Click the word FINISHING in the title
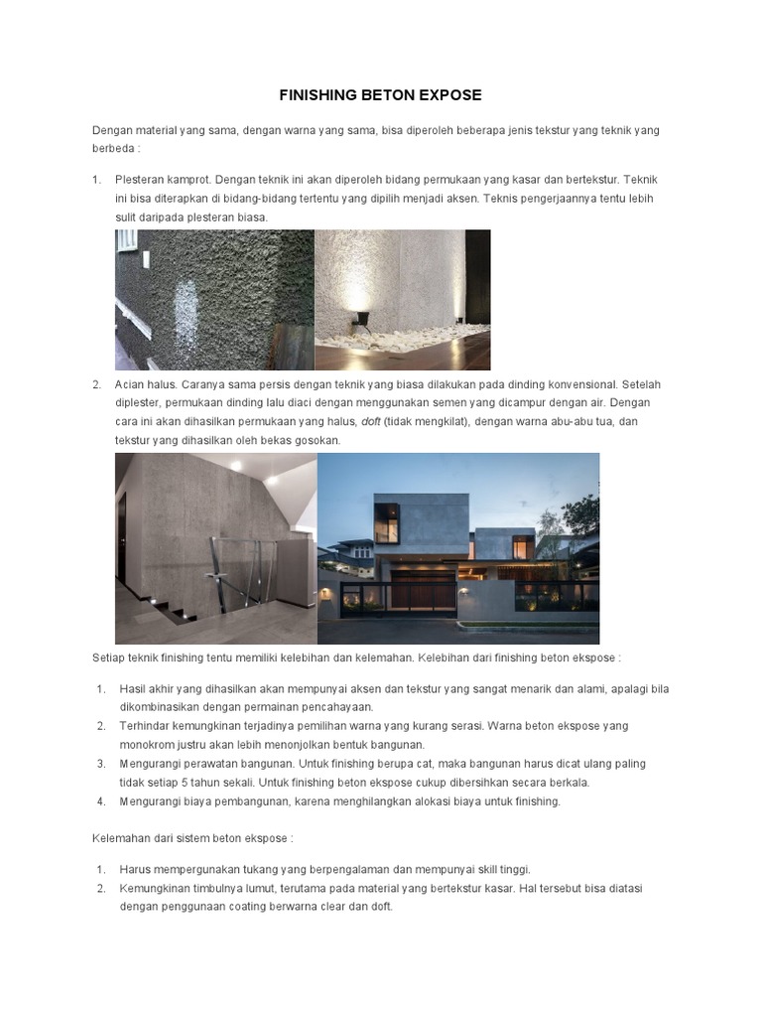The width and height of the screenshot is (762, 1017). click(316, 95)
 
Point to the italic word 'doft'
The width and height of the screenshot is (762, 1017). click(370, 422)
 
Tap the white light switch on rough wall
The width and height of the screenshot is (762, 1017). click(146, 260)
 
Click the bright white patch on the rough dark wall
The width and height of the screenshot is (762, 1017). click(185, 302)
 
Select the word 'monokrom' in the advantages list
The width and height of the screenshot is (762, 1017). click(146, 745)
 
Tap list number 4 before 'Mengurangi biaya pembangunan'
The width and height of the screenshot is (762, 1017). click(102, 800)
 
